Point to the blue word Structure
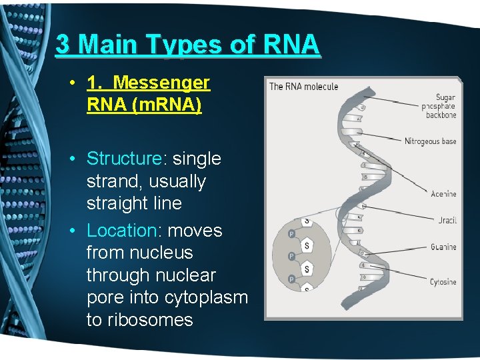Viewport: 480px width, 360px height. click(x=124, y=159)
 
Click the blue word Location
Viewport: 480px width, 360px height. click(x=121, y=231)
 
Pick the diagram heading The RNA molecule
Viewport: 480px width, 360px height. click(x=303, y=87)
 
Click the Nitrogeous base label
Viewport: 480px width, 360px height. click(x=430, y=141)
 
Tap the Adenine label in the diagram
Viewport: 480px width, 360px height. click(x=443, y=194)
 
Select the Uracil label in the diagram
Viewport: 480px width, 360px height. click(x=447, y=221)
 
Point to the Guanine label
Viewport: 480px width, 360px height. click(x=443, y=247)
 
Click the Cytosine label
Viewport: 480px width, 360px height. click(x=443, y=282)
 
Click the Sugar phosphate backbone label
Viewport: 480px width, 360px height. click(x=441, y=106)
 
